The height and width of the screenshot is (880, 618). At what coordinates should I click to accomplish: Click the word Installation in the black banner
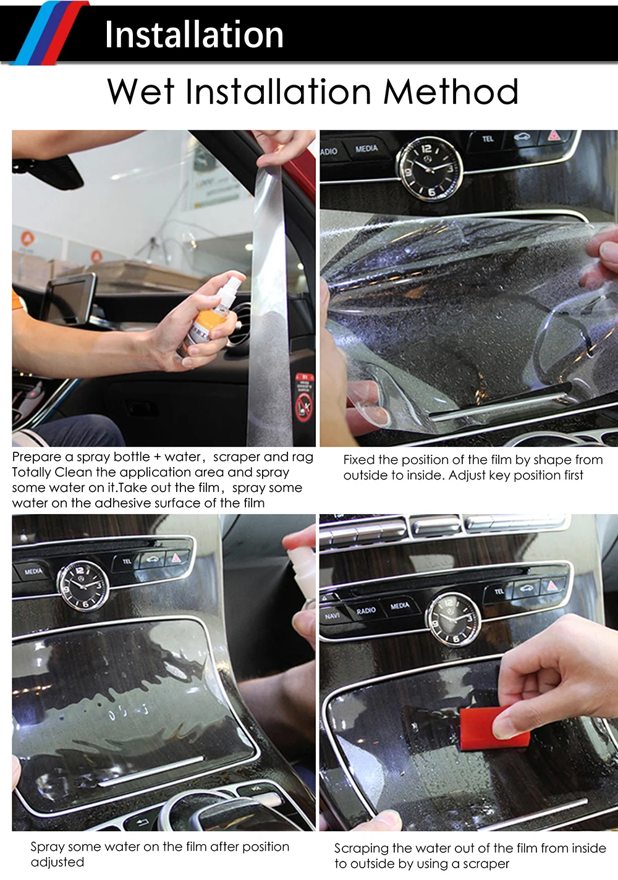point(194,35)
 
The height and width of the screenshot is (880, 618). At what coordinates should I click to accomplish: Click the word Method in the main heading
point(451,91)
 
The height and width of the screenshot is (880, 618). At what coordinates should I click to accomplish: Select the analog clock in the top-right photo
point(431,169)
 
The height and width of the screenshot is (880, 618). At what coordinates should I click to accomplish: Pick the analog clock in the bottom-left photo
point(83,586)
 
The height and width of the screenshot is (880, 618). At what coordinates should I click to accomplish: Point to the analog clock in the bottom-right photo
point(454,620)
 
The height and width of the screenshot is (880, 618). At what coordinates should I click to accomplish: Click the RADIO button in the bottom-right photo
point(366,611)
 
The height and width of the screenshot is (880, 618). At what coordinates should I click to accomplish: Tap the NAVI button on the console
point(332,616)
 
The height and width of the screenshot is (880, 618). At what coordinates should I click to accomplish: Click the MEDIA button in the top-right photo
point(366,149)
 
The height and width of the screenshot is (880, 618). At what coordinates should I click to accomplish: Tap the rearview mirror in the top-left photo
point(48,171)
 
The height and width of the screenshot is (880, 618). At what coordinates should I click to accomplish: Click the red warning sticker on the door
point(304,397)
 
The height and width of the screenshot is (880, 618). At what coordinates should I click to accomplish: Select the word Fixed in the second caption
point(358,460)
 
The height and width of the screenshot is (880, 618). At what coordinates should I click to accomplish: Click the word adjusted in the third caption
point(57,862)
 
